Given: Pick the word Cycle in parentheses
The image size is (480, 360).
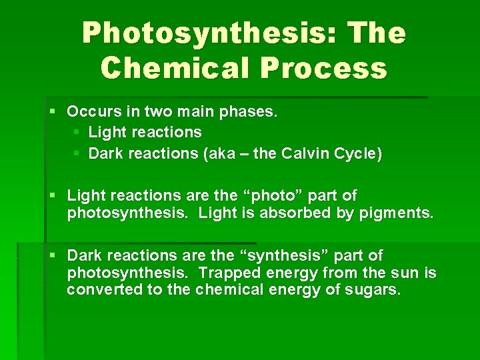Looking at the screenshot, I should [361, 154].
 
